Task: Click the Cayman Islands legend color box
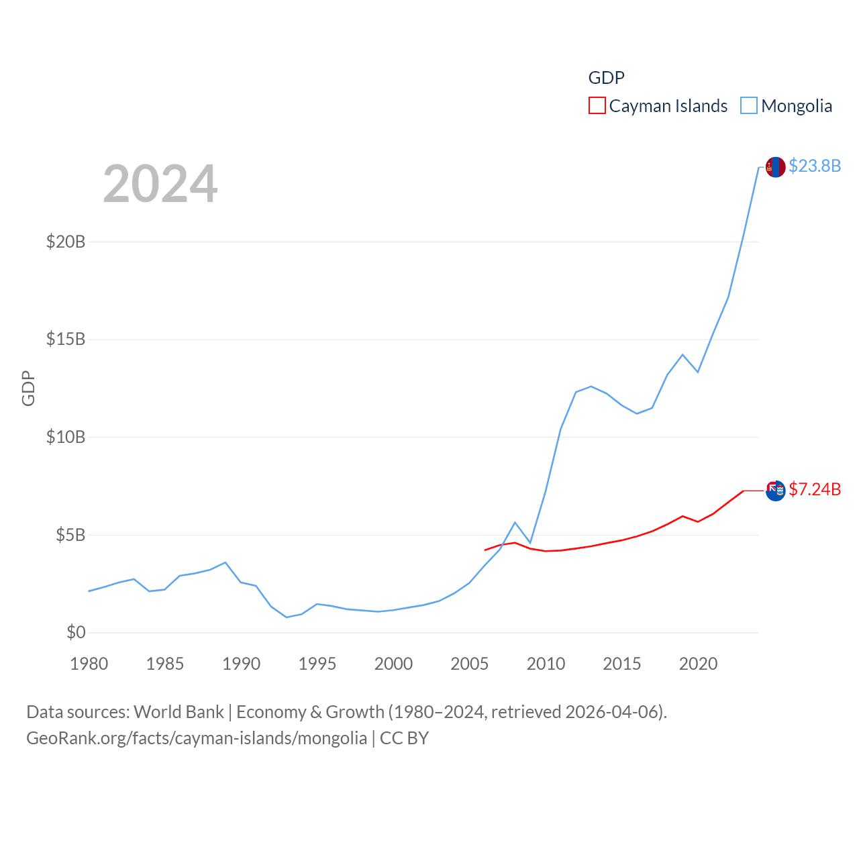[x=597, y=106]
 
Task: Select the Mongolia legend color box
[x=749, y=106]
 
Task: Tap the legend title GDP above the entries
[x=606, y=78]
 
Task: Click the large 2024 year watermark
[x=160, y=183]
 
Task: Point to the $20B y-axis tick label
[x=66, y=242]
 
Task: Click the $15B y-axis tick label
[x=66, y=339]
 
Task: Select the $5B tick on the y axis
[x=70, y=535]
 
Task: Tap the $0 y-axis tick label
[x=76, y=632]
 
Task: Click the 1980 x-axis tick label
[x=89, y=664]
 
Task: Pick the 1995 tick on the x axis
[x=317, y=664]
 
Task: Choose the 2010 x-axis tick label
[x=546, y=664]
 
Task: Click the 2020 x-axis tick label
[x=698, y=664]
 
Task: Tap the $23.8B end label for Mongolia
[x=815, y=166]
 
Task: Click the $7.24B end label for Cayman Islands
[x=815, y=489]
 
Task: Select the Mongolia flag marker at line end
[x=776, y=167]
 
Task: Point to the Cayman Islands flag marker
[x=776, y=491]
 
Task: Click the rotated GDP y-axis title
[x=28, y=388]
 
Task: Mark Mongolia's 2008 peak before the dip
[x=515, y=522]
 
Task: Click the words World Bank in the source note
[x=179, y=712]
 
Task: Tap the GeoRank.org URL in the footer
[x=197, y=738]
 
